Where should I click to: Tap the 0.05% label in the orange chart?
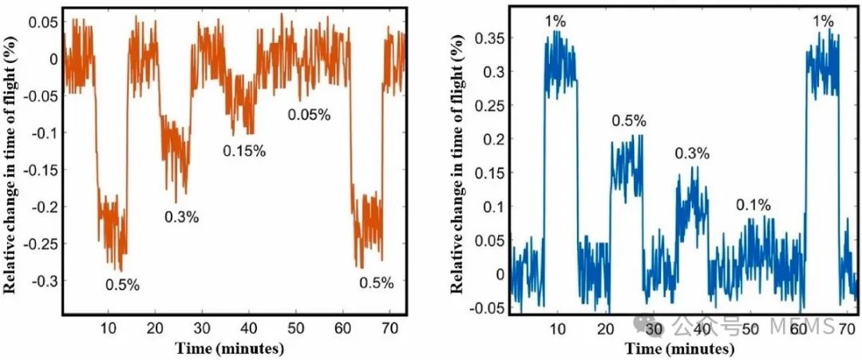(x=309, y=115)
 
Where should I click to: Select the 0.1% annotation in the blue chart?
(x=753, y=206)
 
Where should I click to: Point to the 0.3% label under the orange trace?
(x=182, y=216)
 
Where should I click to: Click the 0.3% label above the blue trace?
(x=691, y=153)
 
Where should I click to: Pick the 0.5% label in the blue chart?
(x=629, y=121)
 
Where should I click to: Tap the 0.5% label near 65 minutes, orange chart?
(x=377, y=283)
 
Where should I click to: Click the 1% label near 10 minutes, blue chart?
(x=556, y=21)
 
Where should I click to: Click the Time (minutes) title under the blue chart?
(x=680, y=349)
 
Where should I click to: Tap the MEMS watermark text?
(x=802, y=326)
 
